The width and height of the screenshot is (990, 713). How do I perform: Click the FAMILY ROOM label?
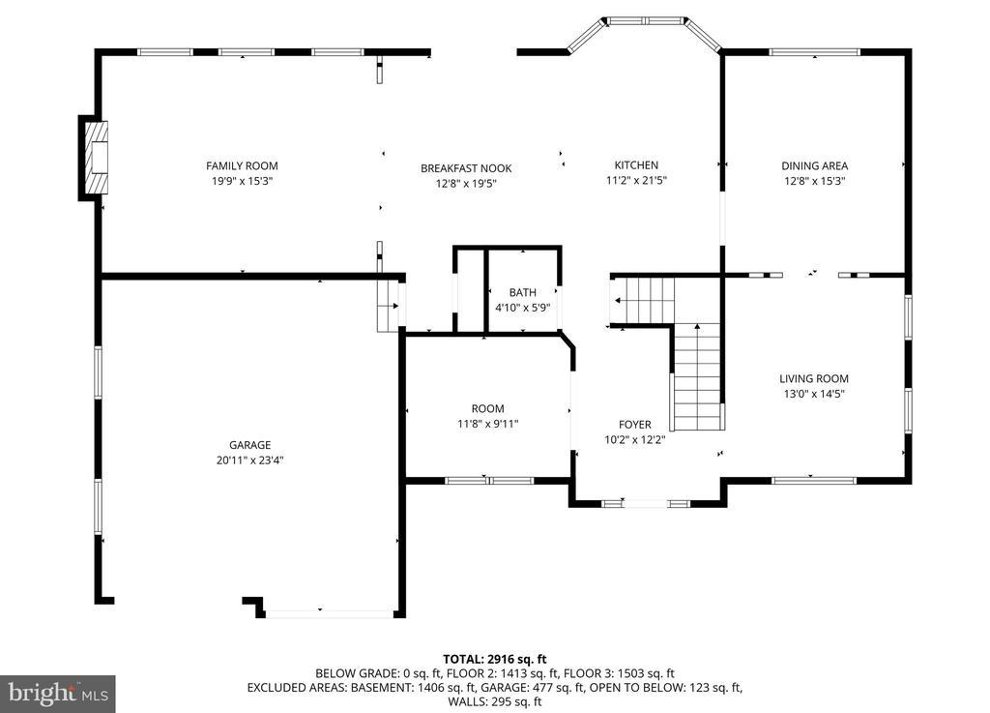(x=242, y=165)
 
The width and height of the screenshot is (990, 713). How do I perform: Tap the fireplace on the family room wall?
(x=94, y=158)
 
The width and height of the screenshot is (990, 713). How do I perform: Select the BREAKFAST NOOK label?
(x=466, y=168)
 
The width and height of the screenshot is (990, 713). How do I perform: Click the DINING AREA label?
(x=814, y=165)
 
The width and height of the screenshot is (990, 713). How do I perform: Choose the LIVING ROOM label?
(x=814, y=378)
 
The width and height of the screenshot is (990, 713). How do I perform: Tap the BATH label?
(x=523, y=292)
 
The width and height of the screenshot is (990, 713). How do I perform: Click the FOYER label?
(x=634, y=425)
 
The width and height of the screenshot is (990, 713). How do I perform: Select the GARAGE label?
(x=250, y=445)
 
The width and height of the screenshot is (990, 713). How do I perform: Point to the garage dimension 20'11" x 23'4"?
(x=250, y=460)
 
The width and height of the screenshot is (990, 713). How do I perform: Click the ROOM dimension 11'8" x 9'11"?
(x=488, y=424)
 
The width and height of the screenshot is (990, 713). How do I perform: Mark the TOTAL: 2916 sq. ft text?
(x=495, y=660)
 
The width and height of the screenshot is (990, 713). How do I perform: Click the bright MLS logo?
(x=58, y=695)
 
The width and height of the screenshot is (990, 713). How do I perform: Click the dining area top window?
(x=814, y=52)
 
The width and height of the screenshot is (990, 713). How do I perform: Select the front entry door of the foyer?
(x=645, y=503)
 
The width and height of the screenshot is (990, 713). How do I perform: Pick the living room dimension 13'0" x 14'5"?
(x=814, y=394)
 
